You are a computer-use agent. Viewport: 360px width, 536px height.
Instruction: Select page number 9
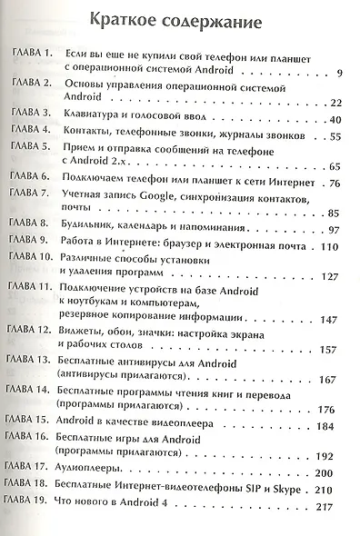point(337,74)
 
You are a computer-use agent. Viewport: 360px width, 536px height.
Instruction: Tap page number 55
point(335,136)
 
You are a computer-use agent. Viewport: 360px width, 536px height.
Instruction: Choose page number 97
point(334,230)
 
